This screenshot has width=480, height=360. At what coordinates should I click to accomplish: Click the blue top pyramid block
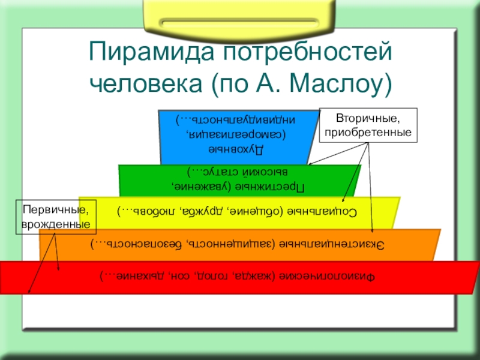[x=240, y=137]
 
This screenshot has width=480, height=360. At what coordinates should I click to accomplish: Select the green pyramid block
[x=240, y=180]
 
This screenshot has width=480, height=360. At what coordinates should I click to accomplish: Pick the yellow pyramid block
[x=240, y=211]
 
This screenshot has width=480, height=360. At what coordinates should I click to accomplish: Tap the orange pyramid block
[x=240, y=245]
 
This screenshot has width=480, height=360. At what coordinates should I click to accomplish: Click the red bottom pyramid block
[x=240, y=278]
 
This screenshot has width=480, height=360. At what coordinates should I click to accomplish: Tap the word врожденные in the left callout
[x=55, y=224]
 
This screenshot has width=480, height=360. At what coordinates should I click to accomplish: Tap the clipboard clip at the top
[x=240, y=20]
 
